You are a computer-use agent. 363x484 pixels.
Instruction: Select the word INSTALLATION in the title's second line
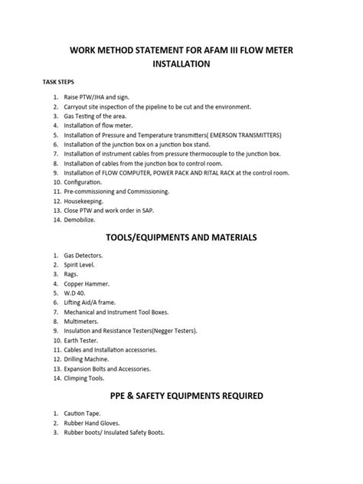[181, 65]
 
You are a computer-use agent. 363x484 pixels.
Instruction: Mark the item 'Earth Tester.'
[83, 339]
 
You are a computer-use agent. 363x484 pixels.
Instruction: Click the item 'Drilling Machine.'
[88, 358]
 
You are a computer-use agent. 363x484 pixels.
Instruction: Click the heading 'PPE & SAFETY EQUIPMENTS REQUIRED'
[181, 396]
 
